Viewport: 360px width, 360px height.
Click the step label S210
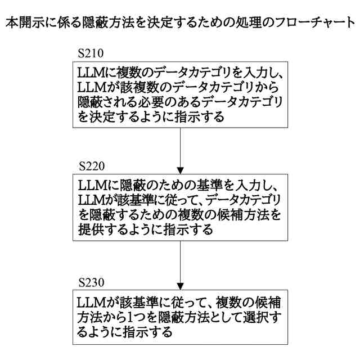coord(92,55)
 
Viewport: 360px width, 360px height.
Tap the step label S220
coord(92,167)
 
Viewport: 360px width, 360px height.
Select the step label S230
coord(92,280)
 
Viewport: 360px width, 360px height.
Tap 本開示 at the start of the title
coord(24,24)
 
